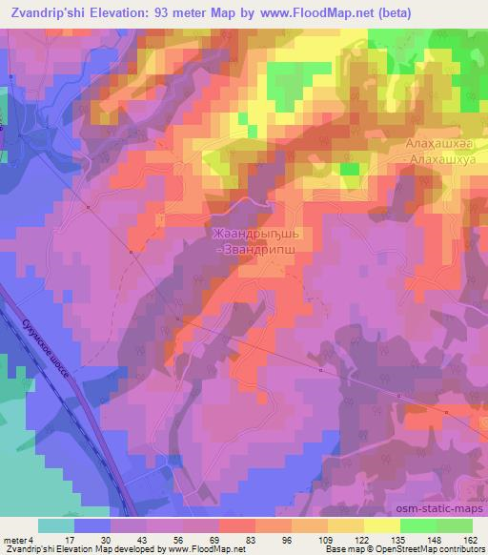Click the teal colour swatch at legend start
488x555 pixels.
click(56, 524)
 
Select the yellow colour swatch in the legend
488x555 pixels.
click(382, 524)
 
